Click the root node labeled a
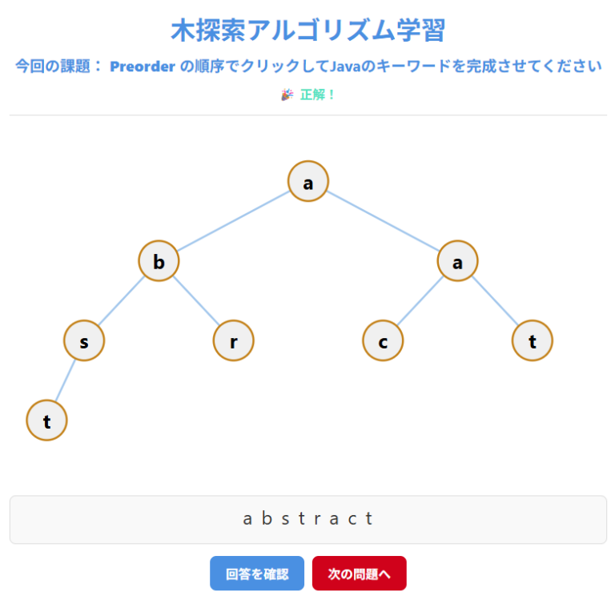tap(307, 181)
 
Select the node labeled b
tap(159, 260)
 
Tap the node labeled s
tap(84, 340)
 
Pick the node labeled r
tap(233, 340)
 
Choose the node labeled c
tap(383, 340)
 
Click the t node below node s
tap(46, 421)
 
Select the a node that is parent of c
tap(457, 260)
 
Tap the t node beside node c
tap(533, 340)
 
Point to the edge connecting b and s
tap(121, 300)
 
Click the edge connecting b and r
tap(196, 300)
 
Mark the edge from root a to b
tap(233, 221)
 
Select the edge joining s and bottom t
tap(65, 381)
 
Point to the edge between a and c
tap(420, 300)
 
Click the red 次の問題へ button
tap(360, 574)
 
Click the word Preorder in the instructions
tap(143, 66)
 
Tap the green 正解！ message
tap(317, 95)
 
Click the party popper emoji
tap(287, 95)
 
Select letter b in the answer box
tap(267, 518)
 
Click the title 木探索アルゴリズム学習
tap(307, 30)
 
